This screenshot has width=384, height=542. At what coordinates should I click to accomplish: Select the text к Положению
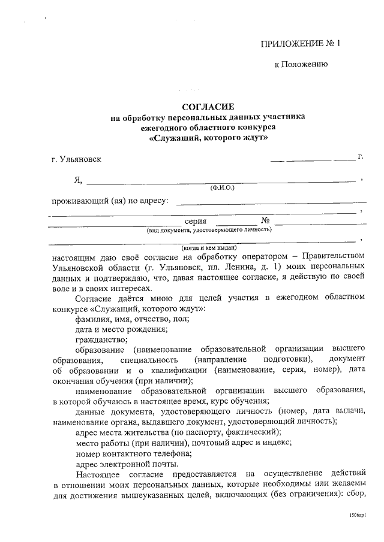click(300, 65)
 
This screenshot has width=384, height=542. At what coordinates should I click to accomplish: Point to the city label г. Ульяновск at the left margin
click(77, 159)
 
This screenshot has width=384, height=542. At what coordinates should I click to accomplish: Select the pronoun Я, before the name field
click(78, 180)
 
